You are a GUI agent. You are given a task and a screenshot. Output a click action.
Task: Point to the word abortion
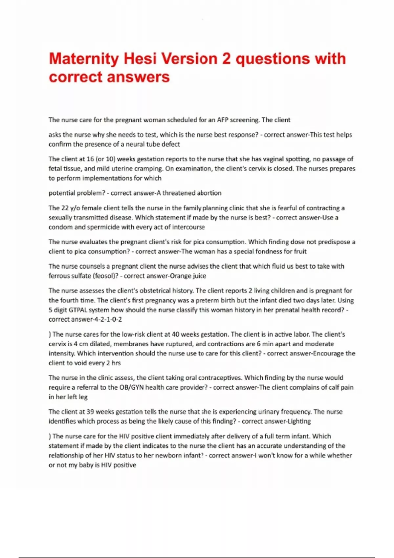click(x=209, y=193)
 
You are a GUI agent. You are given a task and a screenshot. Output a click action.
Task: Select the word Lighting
click(x=299, y=421)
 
